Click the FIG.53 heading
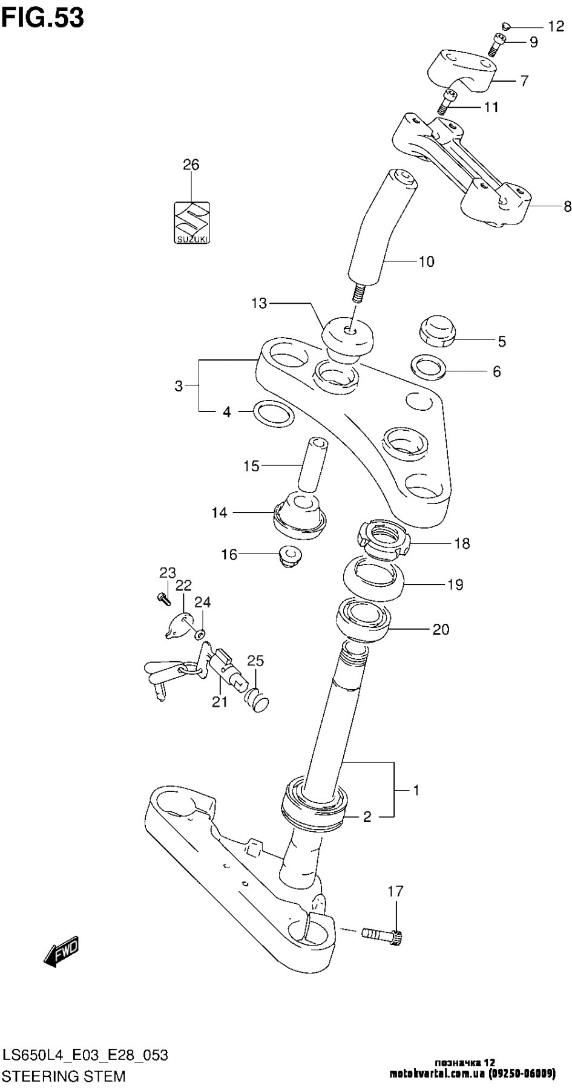[42, 18]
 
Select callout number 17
[395, 891]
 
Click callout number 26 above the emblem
[191, 165]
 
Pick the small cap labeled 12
[507, 25]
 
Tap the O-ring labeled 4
[271, 413]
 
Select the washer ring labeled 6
[429, 366]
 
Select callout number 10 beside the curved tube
[426, 261]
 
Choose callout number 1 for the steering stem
[416, 790]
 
